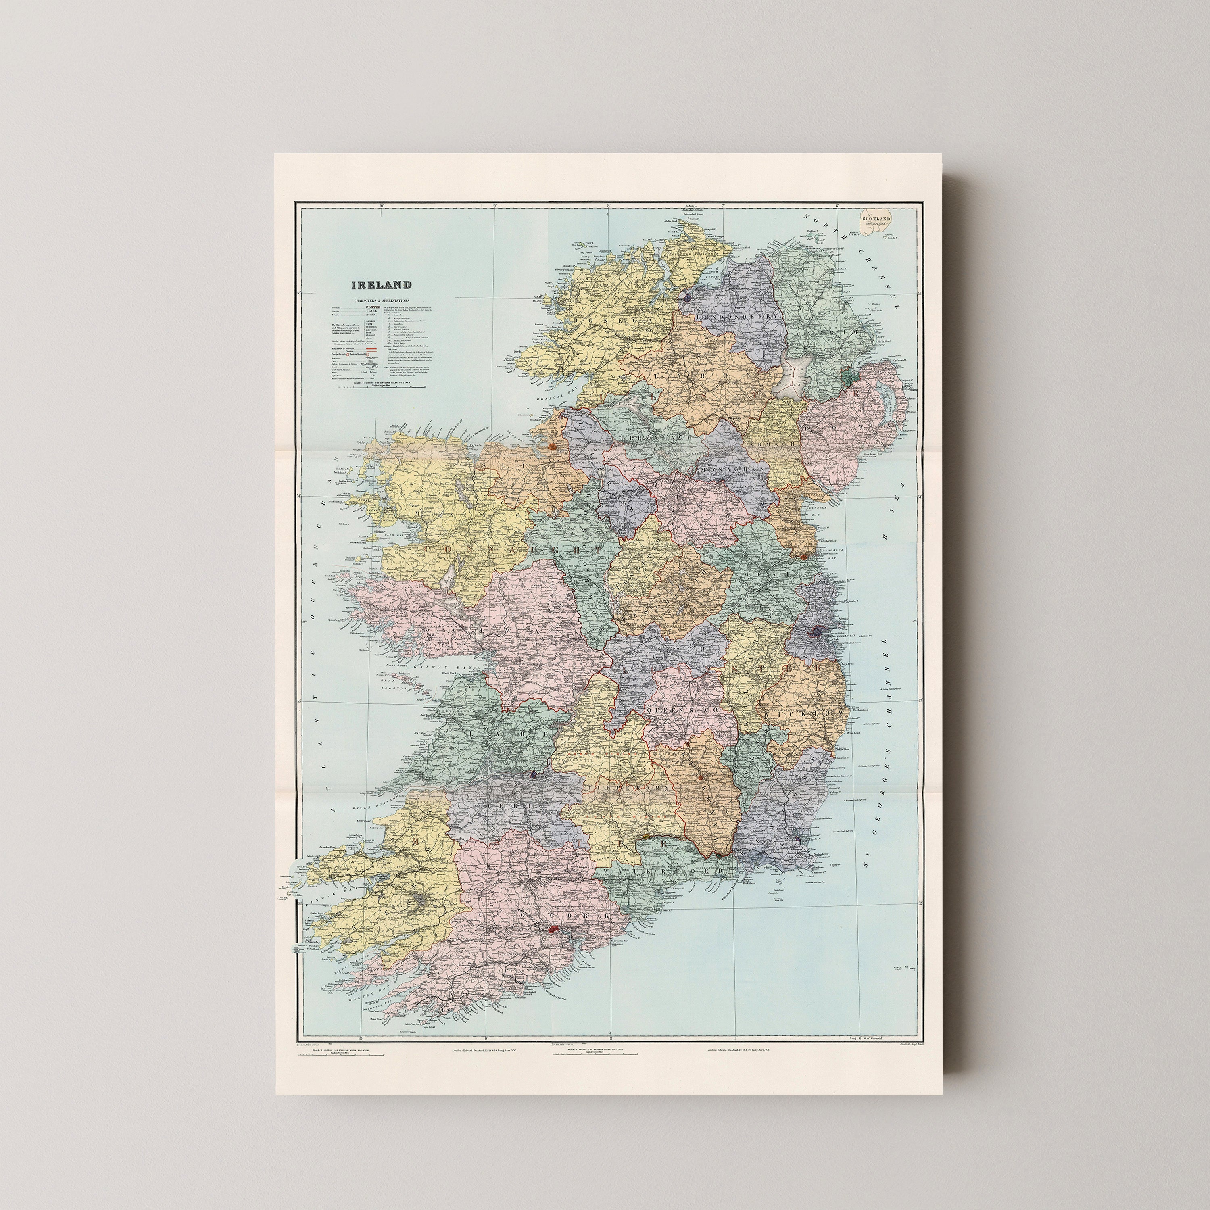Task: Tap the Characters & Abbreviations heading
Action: [381, 300]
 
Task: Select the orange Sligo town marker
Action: [553, 447]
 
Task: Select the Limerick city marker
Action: [533, 774]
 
